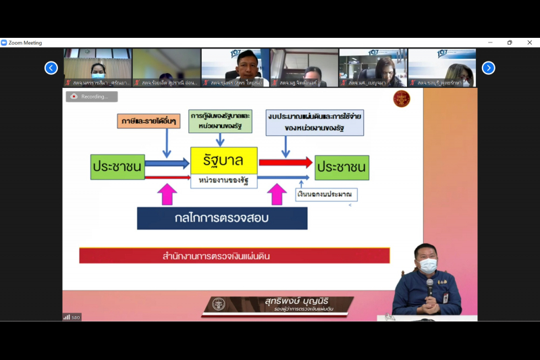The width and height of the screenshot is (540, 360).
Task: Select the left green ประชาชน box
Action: [x=117, y=167]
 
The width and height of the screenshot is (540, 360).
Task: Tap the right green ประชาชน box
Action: [x=342, y=167]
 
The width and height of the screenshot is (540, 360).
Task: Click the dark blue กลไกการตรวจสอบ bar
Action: [x=222, y=218]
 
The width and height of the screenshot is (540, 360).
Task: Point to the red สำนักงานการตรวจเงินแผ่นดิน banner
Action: [x=234, y=256]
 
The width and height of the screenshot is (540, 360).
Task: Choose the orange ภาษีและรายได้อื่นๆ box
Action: [x=148, y=122]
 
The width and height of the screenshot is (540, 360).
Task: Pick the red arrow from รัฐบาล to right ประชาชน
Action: [x=285, y=162]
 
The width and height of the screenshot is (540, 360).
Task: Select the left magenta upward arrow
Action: [x=167, y=195]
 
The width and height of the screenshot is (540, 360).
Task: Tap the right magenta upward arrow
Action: [x=277, y=195]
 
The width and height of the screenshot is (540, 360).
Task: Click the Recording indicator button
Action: [x=91, y=97]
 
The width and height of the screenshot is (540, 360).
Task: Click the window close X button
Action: [x=529, y=43]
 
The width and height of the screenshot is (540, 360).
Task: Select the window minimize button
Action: [x=490, y=43]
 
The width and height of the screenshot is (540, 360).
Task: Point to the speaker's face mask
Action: [x=428, y=265]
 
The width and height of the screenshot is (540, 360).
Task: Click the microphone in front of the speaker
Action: [x=430, y=284]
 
